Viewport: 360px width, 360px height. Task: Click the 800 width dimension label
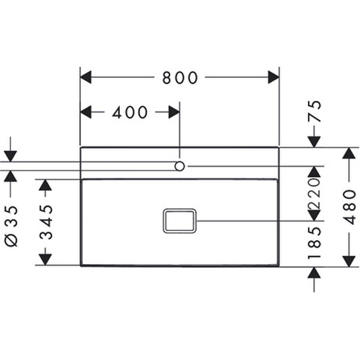(x=180, y=77)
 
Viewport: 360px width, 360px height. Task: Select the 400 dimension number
(x=130, y=112)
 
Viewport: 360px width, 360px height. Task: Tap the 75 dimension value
(x=314, y=112)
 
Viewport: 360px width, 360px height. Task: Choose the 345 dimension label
(x=46, y=222)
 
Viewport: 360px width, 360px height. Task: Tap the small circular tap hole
(x=179, y=165)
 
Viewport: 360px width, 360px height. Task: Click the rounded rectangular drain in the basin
(x=179, y=221)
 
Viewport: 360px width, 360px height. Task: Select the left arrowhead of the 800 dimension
(x=86, y=77)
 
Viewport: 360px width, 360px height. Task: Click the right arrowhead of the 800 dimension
(x=274, y=77)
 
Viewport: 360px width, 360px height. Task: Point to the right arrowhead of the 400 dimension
(x=173, y=112)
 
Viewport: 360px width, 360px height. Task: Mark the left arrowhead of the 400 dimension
(x=86, y=112)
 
